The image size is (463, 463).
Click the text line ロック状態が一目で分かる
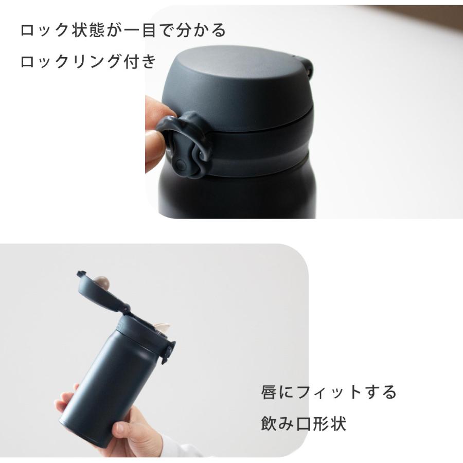pos(123,30)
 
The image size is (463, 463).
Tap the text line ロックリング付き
pos(88,62)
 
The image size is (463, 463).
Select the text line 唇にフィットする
pos(329,393)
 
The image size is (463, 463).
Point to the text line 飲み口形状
pos(303,424)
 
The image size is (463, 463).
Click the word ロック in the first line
pos(45,30)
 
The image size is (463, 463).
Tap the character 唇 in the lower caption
pos(270,393)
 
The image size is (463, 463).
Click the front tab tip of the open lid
pos(80,274)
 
